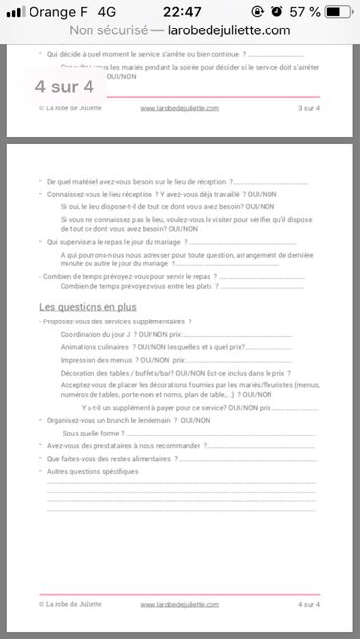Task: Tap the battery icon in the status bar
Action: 337,12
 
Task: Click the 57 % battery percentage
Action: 302,12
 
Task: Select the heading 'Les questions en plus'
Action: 88,307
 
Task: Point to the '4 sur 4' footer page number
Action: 308,604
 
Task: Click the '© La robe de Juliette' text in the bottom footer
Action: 69,604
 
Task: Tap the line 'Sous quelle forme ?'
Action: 92,433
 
